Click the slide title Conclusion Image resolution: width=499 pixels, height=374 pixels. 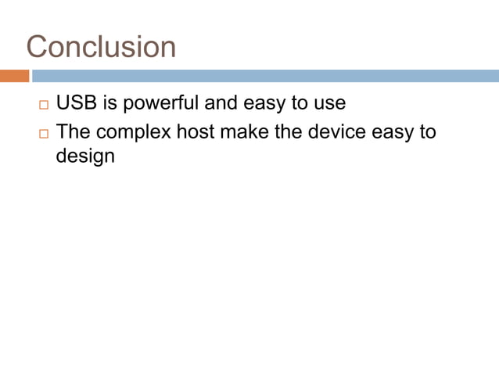click(x=101, y=47)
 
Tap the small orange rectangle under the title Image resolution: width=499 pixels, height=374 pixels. click(x=14, y=76)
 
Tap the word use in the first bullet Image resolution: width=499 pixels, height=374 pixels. click(x=329, y=103)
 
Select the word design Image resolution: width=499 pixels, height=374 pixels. click(x=85, y=156)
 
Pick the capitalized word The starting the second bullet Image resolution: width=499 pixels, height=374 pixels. click(x=74, y=131)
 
